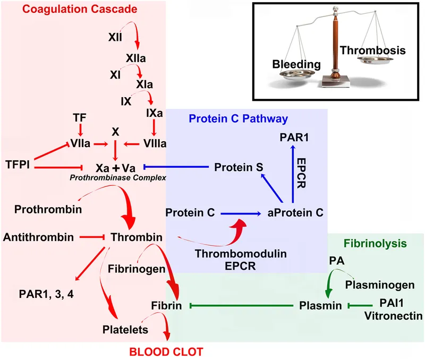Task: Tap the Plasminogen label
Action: click(379, 285)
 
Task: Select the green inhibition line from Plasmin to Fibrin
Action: click(241, 306)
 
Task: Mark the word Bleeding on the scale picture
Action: click(296, 64)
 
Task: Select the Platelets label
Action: click(125, 330)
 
